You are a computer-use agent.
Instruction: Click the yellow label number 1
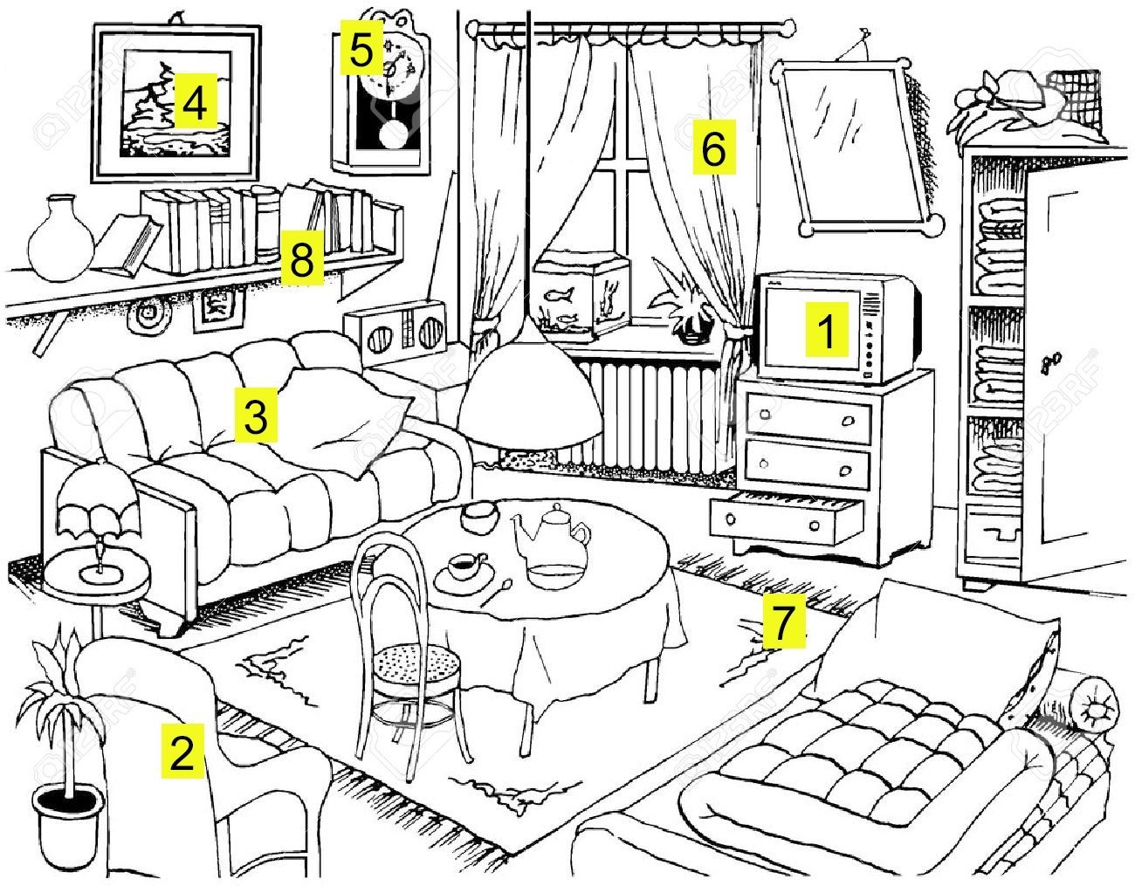pos(826,331)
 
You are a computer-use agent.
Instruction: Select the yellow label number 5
pos(360,52)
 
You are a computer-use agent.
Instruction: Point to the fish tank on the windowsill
pos(581,296)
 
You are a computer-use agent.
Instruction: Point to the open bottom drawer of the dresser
pos(786,517)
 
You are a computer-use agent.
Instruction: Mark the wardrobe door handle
pos(1055,360)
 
